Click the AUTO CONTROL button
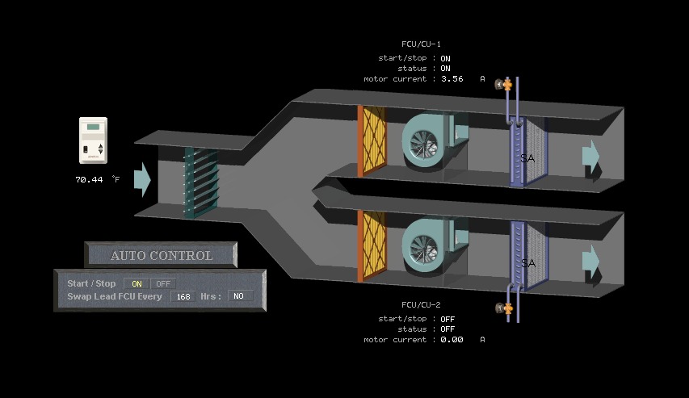[162, 255]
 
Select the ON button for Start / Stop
[137, 284]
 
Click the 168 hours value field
[183, 296]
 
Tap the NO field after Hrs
[239, 296]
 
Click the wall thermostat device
[93, 141]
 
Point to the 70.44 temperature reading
[89, 179]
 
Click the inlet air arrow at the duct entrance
[142, 179]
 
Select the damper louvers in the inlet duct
[200, 182]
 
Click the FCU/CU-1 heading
[421, 44]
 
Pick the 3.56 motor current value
[452, 79]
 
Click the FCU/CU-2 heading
[421, 305]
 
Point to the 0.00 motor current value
[452, 340]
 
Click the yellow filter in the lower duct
[373, 245]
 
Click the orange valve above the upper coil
[506, 83]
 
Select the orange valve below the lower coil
[506, 308]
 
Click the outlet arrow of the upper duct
[591, 156]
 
